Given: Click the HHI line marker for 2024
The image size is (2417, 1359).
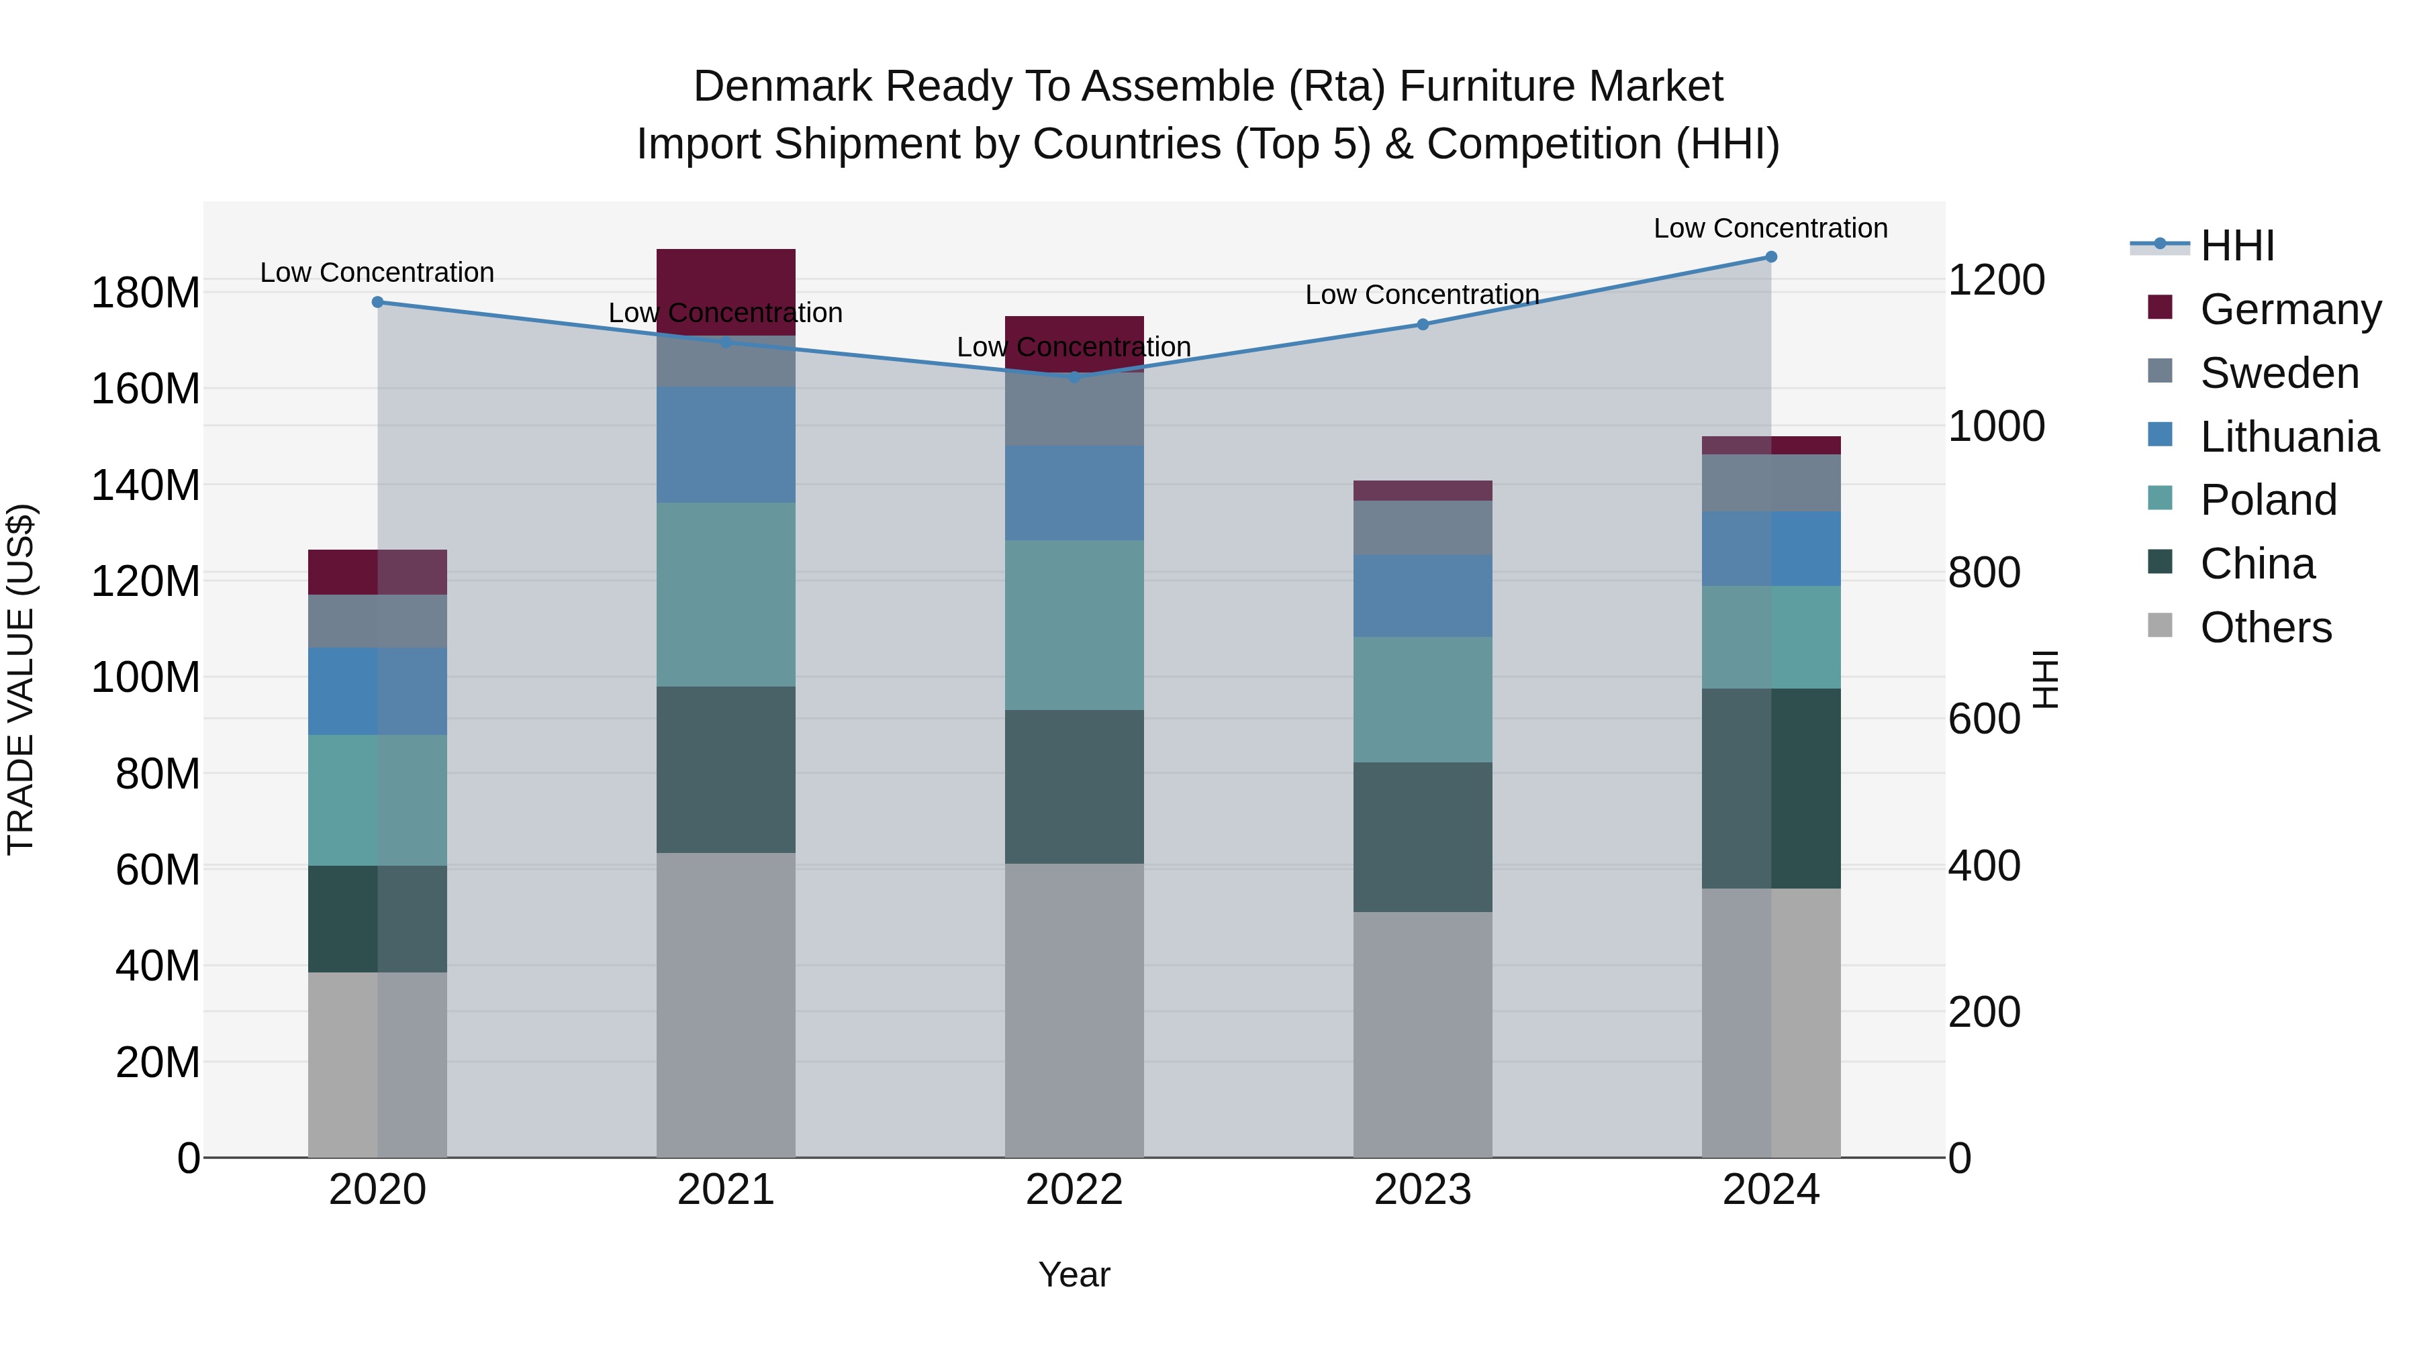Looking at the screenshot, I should (1770, 257).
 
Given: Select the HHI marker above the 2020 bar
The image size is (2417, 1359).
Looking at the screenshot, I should (377, 302).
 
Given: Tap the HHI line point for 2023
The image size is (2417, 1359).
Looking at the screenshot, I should (1423, 325).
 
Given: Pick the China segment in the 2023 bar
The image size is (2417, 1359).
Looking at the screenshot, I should (1423, 837).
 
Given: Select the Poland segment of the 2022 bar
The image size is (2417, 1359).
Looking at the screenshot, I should (1074, 625).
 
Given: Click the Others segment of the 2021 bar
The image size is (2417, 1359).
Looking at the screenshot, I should (725, 1003).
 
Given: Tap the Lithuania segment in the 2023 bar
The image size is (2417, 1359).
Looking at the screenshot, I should (1423, 595).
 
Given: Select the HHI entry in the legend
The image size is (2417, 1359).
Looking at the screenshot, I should (2237, 246).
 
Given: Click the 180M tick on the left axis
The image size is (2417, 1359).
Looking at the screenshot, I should (146, 293).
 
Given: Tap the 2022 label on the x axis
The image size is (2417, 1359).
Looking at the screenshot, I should (1074, 1190).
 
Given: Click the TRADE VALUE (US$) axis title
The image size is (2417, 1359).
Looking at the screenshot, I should (21, 679).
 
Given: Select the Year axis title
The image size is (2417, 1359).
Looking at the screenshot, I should (1074, 1274).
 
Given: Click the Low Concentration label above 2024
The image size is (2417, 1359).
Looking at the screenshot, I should (1770, 228).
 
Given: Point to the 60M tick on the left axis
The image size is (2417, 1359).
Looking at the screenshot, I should (158, 869).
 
